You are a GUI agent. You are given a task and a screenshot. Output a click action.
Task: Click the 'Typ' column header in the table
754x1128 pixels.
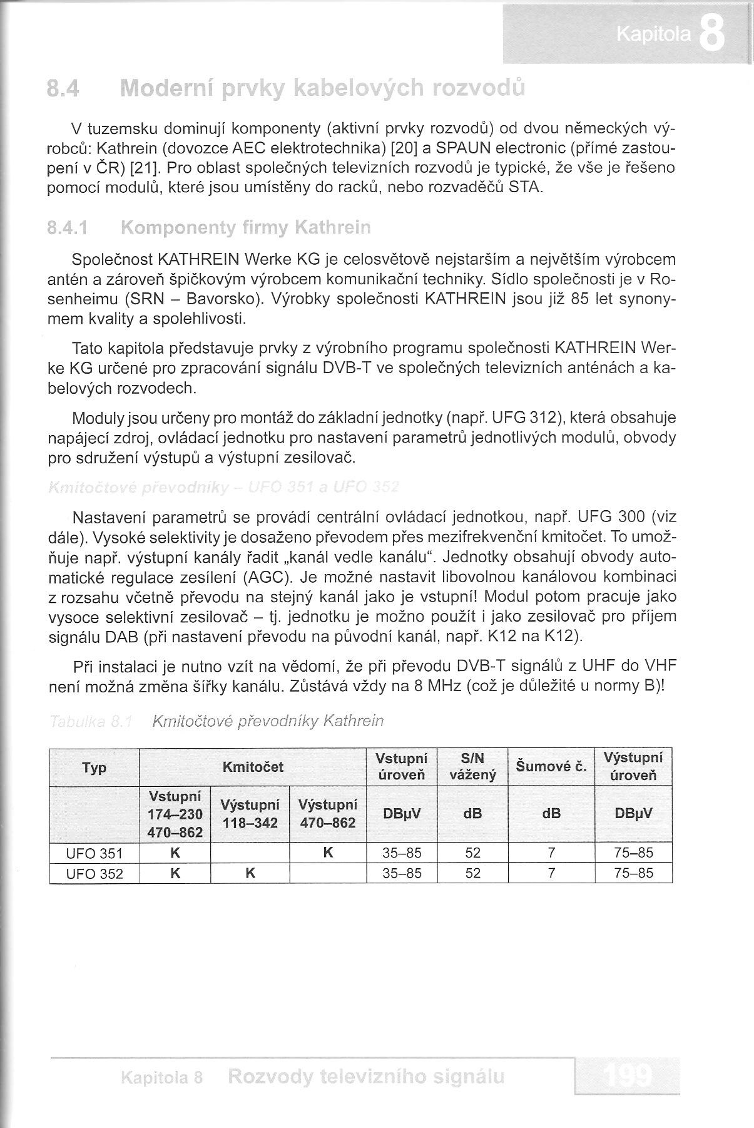[94, 767]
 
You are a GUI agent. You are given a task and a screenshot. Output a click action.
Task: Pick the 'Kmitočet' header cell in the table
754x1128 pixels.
[253, 767]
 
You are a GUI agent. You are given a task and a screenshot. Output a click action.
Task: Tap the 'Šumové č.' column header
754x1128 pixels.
[551, 766]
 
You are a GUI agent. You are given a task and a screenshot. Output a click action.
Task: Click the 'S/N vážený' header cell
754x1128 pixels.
[472, 767]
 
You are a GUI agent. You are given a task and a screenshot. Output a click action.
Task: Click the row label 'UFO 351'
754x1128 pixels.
[94, 853]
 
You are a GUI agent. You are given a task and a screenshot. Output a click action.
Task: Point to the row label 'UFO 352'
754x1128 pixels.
[94, 873]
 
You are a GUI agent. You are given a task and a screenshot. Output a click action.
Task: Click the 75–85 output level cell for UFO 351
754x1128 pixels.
[633, 853]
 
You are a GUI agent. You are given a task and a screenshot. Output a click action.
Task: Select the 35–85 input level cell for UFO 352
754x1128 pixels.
[402, 873]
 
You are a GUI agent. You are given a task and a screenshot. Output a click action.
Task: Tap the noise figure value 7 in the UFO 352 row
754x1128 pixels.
[551, 873]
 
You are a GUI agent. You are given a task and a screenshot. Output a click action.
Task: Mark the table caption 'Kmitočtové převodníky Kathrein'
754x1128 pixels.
[268, 722]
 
